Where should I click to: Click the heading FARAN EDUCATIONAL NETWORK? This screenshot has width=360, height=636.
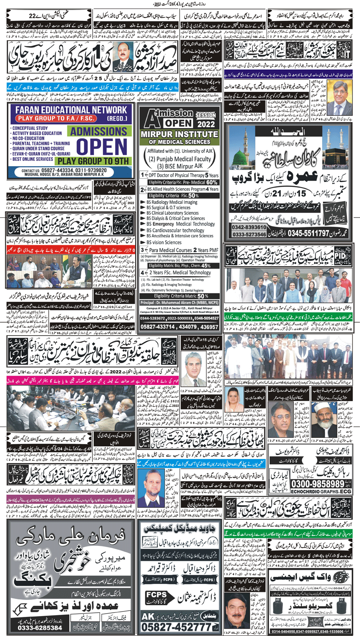tap(69, 111)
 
